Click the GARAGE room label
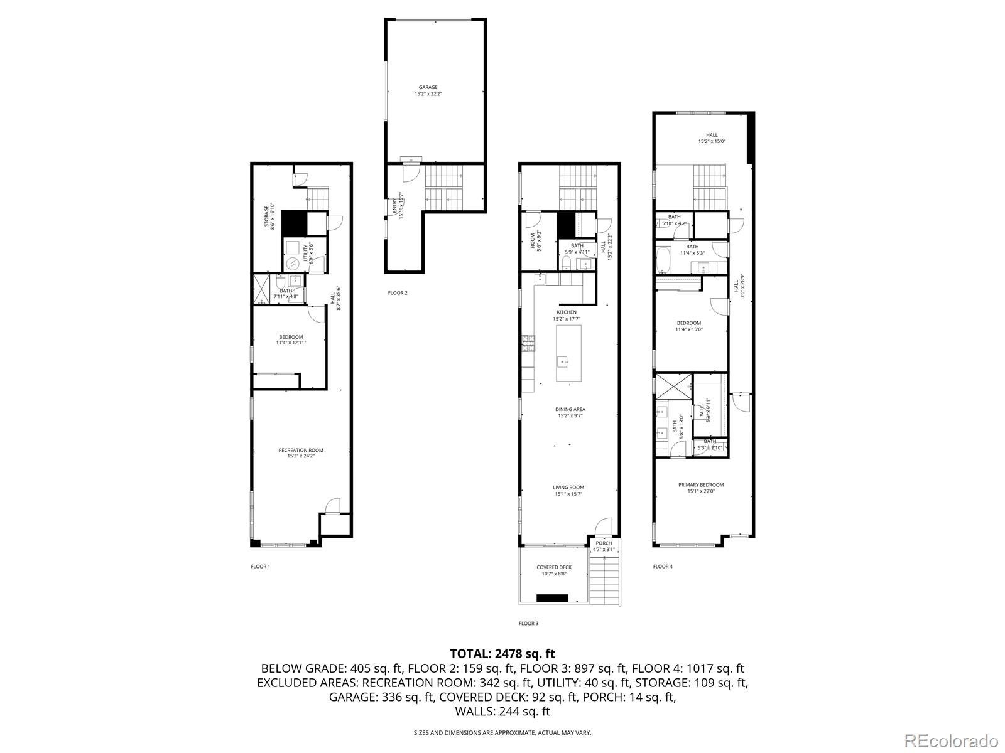click(428, 88)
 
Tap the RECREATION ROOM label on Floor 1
click(301, 451)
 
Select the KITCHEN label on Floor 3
click(566, 312)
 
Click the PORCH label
click(604, 543)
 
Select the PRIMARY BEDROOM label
click(700, 485)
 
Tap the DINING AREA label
click(570, 410)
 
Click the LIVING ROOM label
click(568, 488)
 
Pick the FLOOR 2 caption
click(398, 293)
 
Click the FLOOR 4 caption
click(662, 567)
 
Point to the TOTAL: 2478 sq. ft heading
click(502, 654)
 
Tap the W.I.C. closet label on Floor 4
click(700, 411)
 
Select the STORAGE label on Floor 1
click(266, 216)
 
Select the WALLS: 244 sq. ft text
click(502, 712)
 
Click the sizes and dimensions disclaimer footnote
click(502, 732)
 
